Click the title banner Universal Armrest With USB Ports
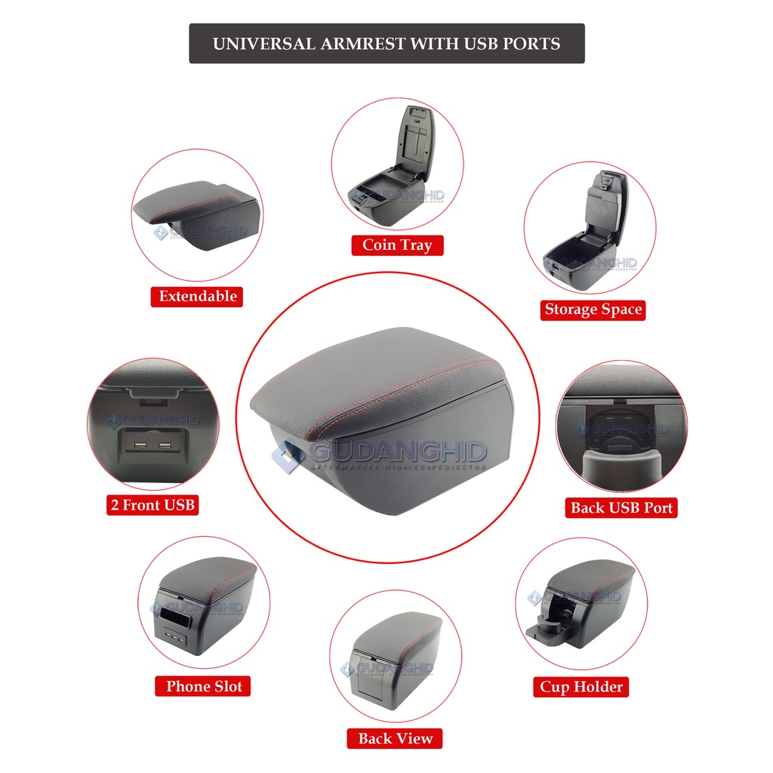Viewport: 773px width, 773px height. click(386, 43)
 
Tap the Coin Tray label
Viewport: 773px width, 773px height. click(397, 245)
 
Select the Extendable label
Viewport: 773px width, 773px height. click(198, 296)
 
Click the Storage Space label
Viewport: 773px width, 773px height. click(593, 310)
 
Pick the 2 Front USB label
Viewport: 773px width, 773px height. click(152, 505)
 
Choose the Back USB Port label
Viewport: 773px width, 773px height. click(621, 507)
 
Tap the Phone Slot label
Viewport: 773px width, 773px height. click(205, 686)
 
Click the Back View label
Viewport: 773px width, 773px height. click(396, 738)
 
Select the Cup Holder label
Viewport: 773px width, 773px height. click(581, 687)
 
